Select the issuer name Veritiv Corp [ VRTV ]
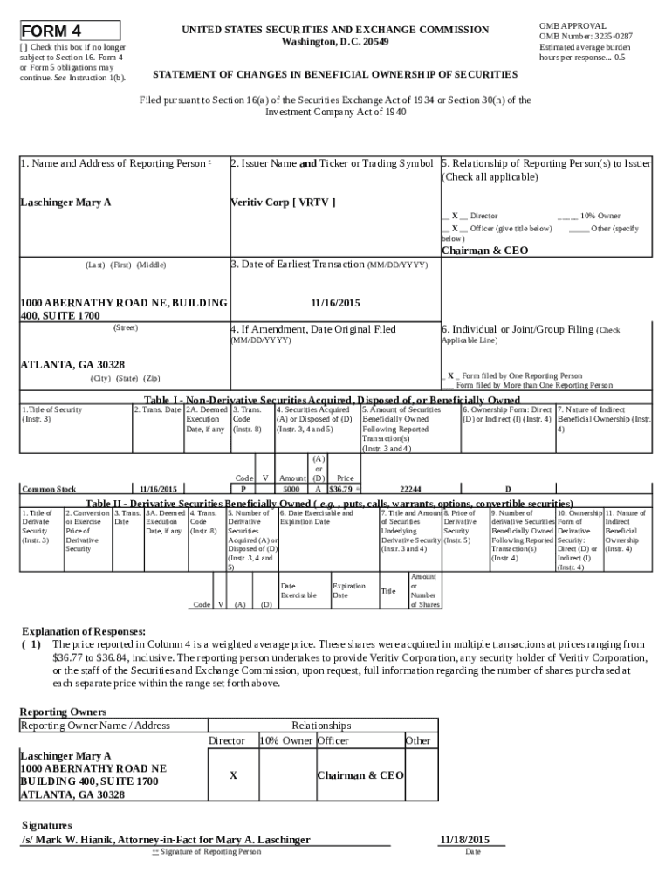pyautogui.click(x=283, y=203)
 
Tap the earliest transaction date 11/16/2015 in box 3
pyautogui.click(x=335, y=303)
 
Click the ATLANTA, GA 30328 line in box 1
pyautogui.click(x=72, y=364)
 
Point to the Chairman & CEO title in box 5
pyautogui.click(x=484, y=251)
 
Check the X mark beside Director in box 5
pyautogui.click(x=456, y=216)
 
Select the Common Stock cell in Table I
pyautogui.click(x=49, y=490)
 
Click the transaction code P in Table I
pyautogui.click(x=243, y=490)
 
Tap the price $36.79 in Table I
pyautogui.click(x=340, y=490)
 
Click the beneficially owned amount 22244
pyautogui.click(x=411, y=490)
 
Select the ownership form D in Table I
pyautogui.click(x=507, y=490)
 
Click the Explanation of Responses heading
pyautogui.click(x=83, y=631)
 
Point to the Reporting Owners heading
pyautogui.click(x=63, y=712)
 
